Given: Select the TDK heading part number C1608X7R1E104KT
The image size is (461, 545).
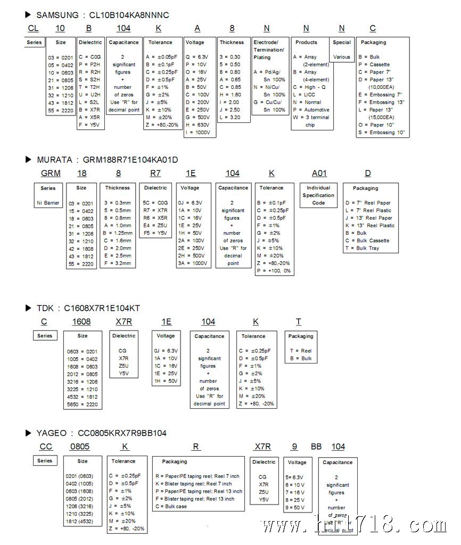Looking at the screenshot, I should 102,308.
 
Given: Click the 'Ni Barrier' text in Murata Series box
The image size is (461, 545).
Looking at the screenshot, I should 48,203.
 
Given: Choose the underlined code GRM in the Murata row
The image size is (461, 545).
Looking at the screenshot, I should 51,174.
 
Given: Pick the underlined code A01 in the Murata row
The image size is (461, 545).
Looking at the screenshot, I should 319,174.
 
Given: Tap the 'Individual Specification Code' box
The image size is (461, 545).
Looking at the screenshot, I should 318,195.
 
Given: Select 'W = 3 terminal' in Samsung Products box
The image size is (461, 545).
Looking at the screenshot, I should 311,118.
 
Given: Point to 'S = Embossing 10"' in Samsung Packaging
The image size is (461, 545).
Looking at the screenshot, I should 382,133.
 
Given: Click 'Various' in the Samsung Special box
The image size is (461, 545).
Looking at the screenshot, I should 342,57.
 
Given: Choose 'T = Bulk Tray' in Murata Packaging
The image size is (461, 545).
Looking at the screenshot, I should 363,248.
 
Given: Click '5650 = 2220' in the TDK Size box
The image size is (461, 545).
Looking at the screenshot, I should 82,403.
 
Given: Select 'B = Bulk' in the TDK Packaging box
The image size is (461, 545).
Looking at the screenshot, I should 300,359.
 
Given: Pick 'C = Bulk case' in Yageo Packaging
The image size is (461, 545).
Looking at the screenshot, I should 171,507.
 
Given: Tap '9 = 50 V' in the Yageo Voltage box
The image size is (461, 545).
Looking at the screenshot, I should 295,508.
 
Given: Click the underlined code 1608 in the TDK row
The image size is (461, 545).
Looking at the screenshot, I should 81,322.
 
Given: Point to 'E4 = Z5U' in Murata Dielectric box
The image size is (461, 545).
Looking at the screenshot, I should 155,225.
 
